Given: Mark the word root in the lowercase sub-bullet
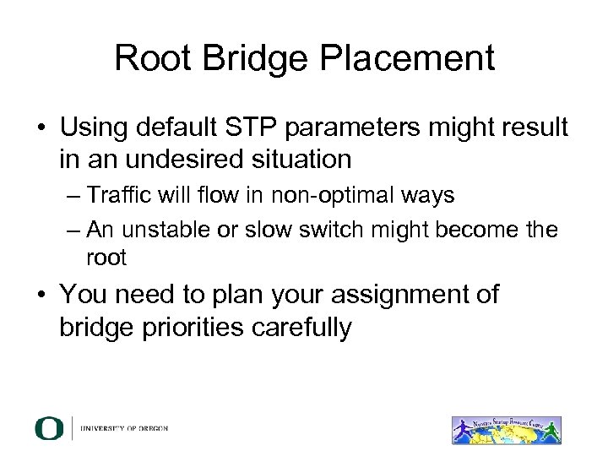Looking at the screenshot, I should (x=106, y=258).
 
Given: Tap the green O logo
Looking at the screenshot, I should (x=48, y=428).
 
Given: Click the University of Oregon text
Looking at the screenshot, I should (x=124, y=429).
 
